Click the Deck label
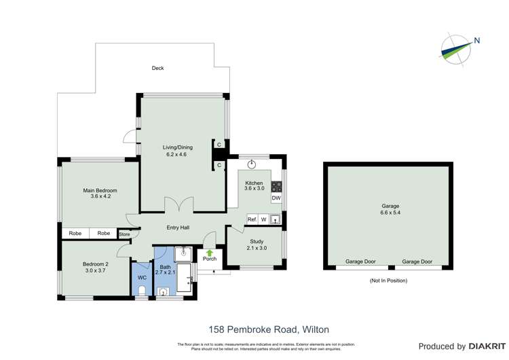tap(157, 68)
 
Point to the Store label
tap(124, 234)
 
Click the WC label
tap(142, 278)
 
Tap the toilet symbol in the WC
tap(142, 291)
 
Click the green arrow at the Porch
tap(210, 252)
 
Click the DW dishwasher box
tap(276, 198)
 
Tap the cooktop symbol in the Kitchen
tap(277, 185)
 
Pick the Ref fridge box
tap(251, 219)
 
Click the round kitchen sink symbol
tap(252, 164)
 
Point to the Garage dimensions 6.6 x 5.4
tap(390, 213)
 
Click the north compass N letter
tap(477, 40)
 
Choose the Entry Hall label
tap(178, 228)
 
